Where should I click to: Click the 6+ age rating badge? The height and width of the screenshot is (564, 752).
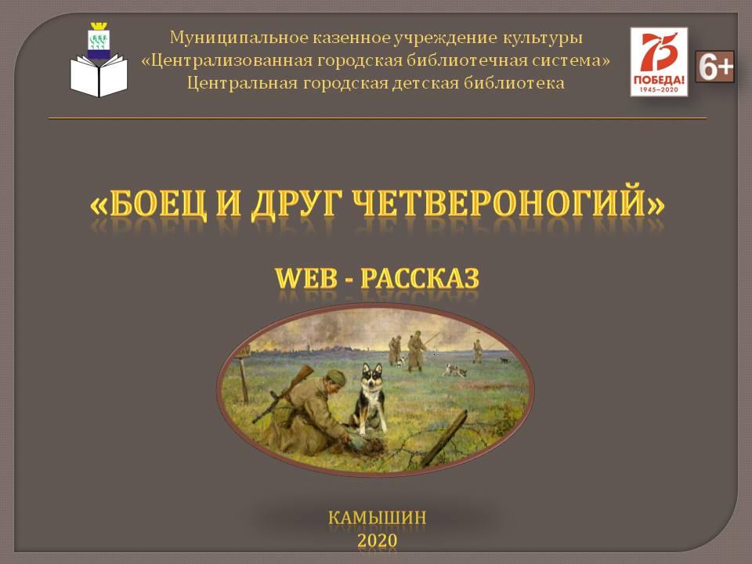pos(714,66)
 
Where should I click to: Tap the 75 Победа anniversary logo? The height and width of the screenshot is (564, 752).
pos(659,61)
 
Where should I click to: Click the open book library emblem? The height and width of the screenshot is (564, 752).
pos(99,60)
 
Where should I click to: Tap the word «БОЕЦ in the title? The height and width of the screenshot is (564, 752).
pos(149,204)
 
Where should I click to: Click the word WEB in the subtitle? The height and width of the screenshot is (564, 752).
pos(306,278)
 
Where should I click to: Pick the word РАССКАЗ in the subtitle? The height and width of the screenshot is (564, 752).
pos(420,278)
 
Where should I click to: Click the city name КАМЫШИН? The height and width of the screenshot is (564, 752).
pos(377,518)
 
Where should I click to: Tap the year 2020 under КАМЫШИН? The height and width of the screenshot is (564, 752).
pos(377,540)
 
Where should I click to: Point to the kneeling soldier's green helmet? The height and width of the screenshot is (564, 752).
pos(335,378)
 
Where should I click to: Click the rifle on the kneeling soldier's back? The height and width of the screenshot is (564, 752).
pos(283,394)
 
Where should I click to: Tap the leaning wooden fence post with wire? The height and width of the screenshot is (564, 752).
pos(443,438)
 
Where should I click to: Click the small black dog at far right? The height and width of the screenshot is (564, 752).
pos(504,360)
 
